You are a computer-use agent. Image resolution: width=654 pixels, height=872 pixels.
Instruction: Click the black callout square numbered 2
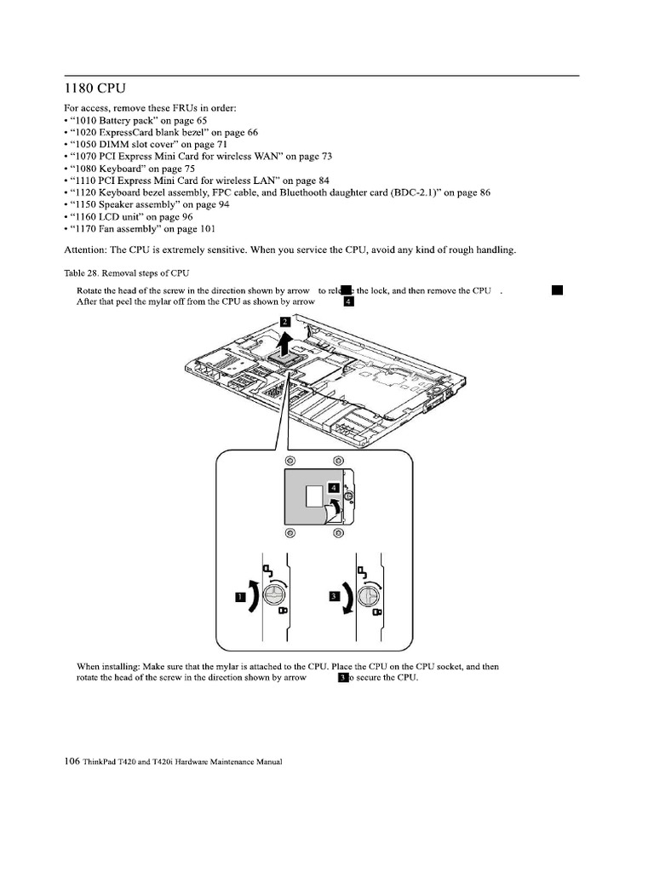coord(285,323)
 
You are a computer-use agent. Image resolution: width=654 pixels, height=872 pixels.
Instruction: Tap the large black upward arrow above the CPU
coord(287,342)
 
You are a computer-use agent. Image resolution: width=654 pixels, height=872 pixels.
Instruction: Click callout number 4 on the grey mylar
coord(335,488)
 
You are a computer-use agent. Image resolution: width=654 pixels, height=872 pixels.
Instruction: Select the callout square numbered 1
coord(241,597)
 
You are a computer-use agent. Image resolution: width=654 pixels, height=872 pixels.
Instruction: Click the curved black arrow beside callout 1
coord(255,594)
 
